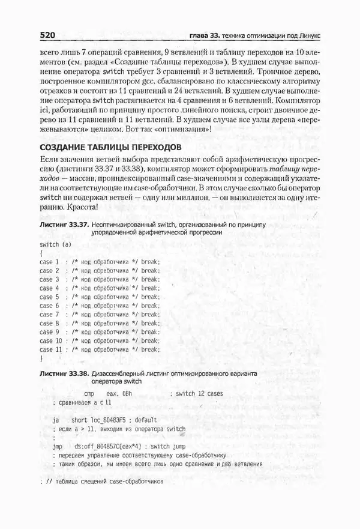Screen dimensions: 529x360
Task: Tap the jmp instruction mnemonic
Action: pos(58,446)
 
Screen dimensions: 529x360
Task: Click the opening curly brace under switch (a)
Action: pos(40,254)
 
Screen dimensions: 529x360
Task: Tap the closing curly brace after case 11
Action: pos(40,358)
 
